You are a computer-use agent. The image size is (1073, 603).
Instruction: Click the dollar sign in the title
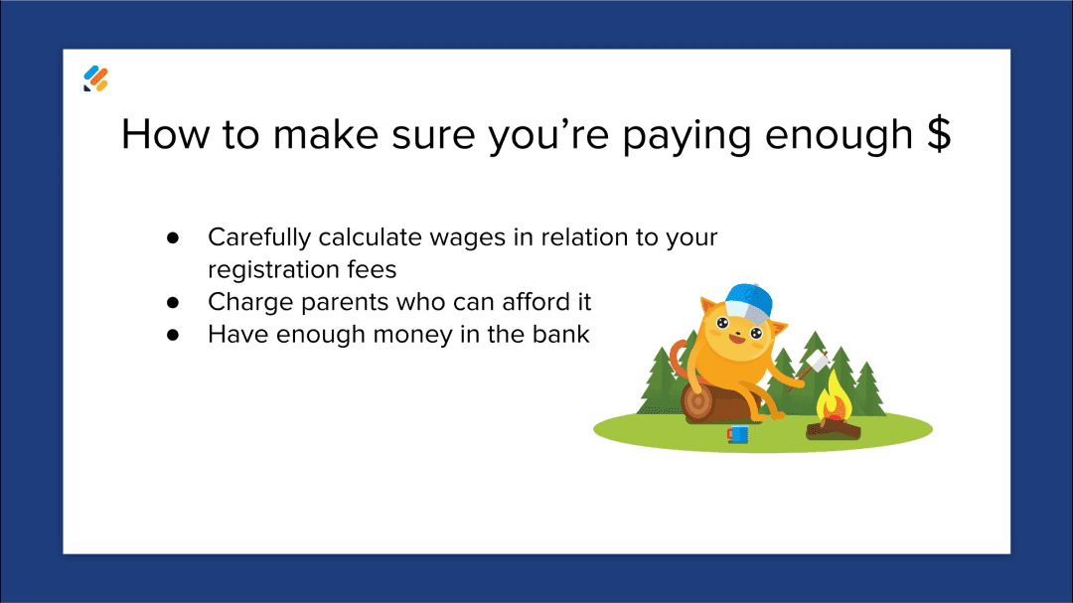tap(938, 134)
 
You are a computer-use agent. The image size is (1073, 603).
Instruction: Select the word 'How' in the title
tap(165, 134)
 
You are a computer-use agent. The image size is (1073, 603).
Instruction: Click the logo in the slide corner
tap(95, 78)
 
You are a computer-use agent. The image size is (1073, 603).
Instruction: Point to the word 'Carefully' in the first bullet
tap(259, 238)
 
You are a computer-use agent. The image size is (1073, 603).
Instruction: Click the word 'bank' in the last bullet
tap(561, 335)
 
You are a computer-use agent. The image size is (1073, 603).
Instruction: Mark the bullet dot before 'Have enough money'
tap(172, 335)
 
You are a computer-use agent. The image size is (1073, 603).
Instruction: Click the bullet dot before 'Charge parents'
tap(172, 302)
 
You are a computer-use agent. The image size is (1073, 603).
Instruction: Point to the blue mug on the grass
tap(737, 434)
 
